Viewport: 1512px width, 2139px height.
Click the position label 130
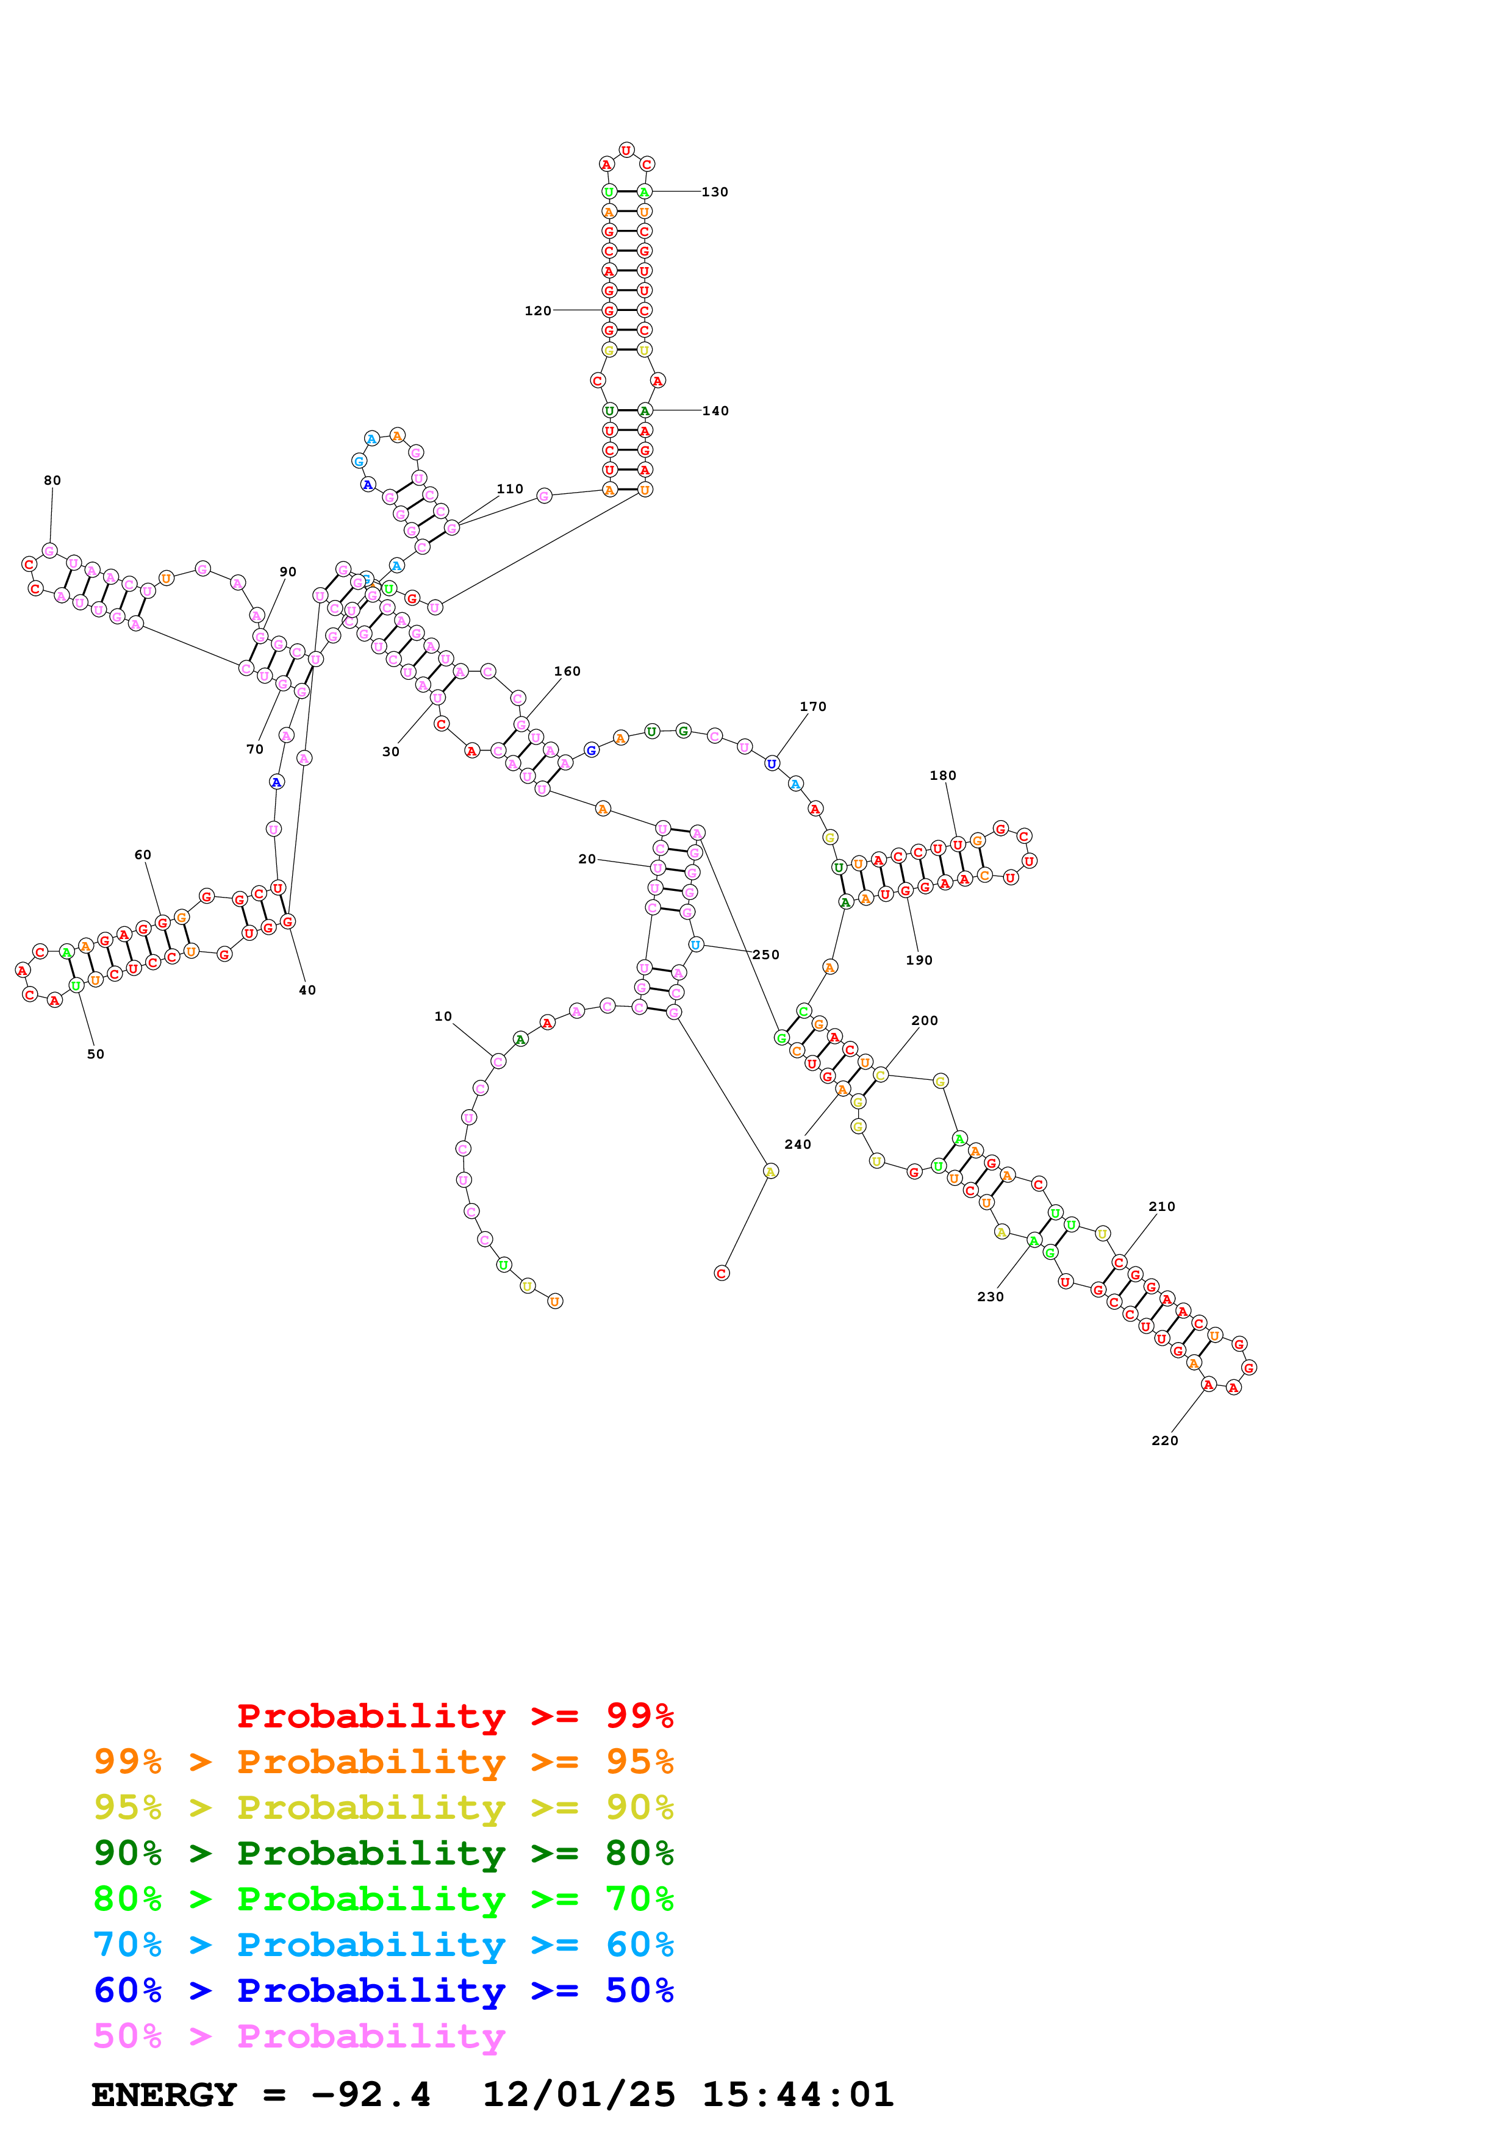pos(715,192)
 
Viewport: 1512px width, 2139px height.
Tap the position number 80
pos(52,480)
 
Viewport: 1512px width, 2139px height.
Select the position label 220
pos(1164,1440)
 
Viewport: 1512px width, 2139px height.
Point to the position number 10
pos(443,1016)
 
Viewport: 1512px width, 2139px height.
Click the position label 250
pos(766,955)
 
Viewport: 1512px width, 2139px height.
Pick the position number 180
pos(943,775)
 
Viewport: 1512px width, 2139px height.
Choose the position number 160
pos(567,671)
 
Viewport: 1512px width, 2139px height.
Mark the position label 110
pos(509,489)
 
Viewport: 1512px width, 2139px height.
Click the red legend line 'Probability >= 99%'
pos(454,1715)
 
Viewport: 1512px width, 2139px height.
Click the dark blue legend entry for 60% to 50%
pos(383,1990)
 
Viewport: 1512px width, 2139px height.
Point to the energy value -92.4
pos(371,2094)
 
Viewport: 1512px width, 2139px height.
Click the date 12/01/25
pos(579,2094)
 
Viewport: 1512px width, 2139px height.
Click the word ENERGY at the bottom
pos(164,2094)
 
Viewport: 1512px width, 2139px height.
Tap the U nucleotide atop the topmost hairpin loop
pos(626,150)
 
